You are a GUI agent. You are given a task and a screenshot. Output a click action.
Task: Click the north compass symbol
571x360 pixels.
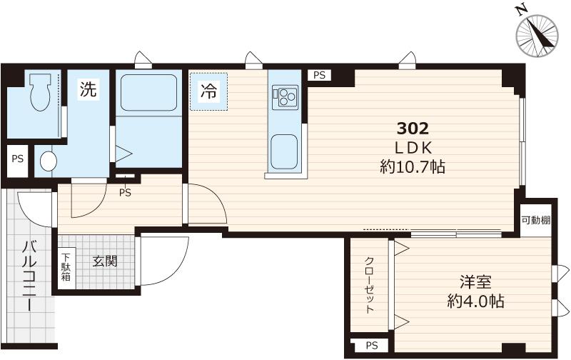pyautogui.click(x=537, y=35)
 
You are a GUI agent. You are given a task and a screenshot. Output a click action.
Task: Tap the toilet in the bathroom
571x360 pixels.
pyautogui.click(x=40, y=91)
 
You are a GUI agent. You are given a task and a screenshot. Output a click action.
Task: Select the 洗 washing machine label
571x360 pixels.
pyautogui.click(x=89, y=89)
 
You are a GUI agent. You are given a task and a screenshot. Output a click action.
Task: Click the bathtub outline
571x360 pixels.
pyautogui.click(x=148, y=93)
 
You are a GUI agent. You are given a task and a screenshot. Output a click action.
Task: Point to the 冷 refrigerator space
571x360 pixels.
pyautogui.click(x=208, y=91)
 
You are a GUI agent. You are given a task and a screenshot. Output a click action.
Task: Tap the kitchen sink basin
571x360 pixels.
pyautogui.click(x=284, y=151)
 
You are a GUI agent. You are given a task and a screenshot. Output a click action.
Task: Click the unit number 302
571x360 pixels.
pyautogui.click(x=413, y=129)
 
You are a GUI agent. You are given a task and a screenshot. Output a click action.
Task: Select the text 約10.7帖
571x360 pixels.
pyautogui.click(x=413, y=167)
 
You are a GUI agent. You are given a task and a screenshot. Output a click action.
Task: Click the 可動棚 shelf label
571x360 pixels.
pyautogui.click(x=535, y=221)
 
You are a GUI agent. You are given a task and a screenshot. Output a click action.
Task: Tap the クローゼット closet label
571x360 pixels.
pyautogui.click(x=369, y=285)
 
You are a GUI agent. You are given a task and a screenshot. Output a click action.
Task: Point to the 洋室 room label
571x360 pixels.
pyautogui.click(x=475, y=282)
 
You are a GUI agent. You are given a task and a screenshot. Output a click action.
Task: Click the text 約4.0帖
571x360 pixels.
pyautogui.click(x=475, y=301)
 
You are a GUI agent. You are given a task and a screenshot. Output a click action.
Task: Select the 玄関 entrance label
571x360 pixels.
pyautogui.click(x=104, y=261)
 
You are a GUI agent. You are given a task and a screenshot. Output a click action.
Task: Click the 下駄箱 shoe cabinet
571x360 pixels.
pyautogui.click(x=66, y=267)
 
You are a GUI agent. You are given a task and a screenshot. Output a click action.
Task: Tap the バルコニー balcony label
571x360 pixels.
pyautogui.click(x=29, y=276)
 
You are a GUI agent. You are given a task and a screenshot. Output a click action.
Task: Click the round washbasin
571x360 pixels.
pyautogui.click(x=49, y=161)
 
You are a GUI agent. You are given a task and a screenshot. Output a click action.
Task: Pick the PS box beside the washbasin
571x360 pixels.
pyautogui.click(x=17, y=159)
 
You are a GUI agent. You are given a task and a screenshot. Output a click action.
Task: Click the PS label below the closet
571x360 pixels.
pyautogui.click(x=372, y=345)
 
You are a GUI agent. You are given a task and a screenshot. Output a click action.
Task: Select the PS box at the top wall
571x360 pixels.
pyautogui.click(x=319, y=76)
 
